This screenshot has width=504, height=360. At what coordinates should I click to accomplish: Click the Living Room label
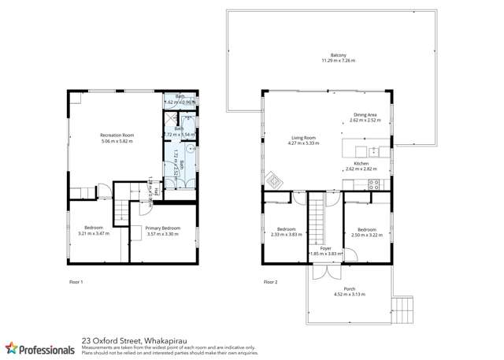(302, 139)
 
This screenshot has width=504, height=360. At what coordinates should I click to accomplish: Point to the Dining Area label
(365, 116)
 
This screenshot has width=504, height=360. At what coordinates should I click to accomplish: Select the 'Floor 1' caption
(76, 281)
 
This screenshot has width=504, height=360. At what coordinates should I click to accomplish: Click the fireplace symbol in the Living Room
(273, 179)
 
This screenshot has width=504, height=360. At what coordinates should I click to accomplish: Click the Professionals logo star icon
(12, 348)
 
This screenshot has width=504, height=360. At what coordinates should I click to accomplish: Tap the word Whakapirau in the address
(164, 341)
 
